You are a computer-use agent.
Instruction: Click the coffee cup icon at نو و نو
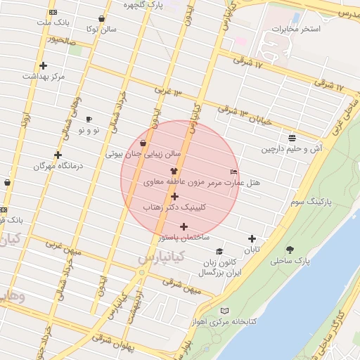pyautogui.click(x=89, y=119)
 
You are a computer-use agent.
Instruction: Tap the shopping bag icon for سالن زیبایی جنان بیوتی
pyautogui.click(x=143, y=143)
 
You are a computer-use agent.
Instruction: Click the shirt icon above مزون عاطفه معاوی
pyautogui.click(x=174, y=171)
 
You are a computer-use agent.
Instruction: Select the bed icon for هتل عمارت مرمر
pyautogui.click(x=234, y=172)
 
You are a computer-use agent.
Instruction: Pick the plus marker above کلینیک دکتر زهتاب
pyautogui.click(x=174, y=196)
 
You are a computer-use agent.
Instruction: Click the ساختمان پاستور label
pyautogui.click(x=184, y=238)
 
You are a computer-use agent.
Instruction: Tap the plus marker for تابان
pyautogui.click(x=252, y=239)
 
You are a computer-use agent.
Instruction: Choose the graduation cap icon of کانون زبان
pyautogui.click(x=219, y=252)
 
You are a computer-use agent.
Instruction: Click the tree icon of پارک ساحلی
pyautogui.click(x=290, y=250)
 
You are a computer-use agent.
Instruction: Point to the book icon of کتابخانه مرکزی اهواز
pyautogui.click(x=224, y=311)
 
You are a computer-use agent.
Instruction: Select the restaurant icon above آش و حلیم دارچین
pyautogui.click(x=292, y=137)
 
